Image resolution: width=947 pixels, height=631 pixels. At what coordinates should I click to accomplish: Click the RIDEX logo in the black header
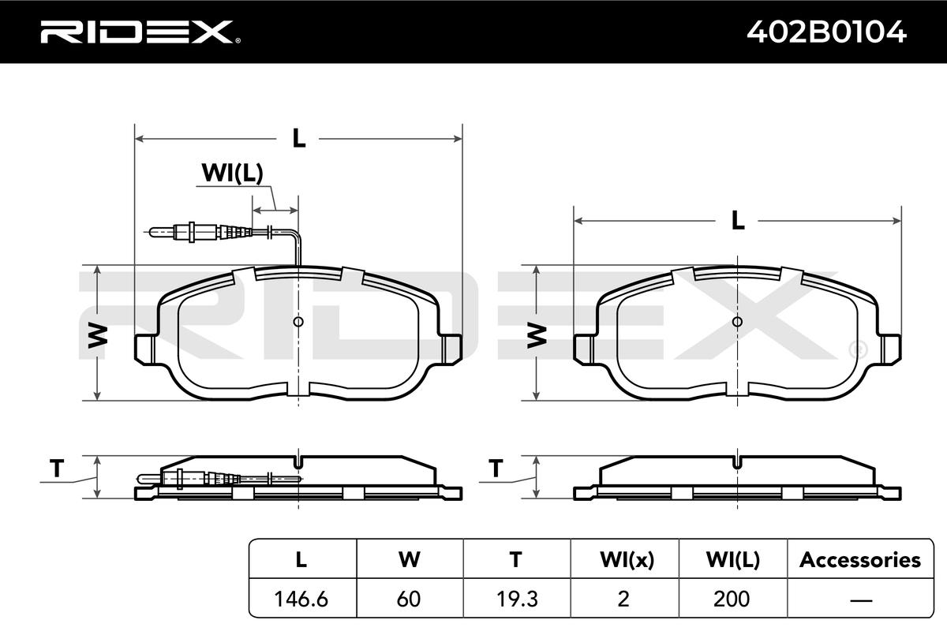(x=140, y=32)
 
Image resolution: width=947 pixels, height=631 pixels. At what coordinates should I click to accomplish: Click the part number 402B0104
(x=826, y=32)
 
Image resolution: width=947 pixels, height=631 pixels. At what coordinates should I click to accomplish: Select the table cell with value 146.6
(x=301, y=599)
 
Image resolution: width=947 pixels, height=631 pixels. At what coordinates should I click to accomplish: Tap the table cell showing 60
(x=409, y=599)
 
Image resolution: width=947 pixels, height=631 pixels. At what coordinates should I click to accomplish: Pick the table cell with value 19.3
(x=517, y=599)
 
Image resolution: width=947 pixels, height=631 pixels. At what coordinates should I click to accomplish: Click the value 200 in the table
(x=732, y=599)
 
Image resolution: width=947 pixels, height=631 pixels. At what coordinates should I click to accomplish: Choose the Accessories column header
(x=860, y=559)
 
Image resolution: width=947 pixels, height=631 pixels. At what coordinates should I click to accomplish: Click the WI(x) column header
(x=627, y=560)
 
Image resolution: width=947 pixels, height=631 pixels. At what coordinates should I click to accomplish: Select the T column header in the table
(x=516, y=559)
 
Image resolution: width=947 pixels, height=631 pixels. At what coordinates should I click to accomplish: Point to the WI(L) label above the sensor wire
(x=232, y=173)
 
